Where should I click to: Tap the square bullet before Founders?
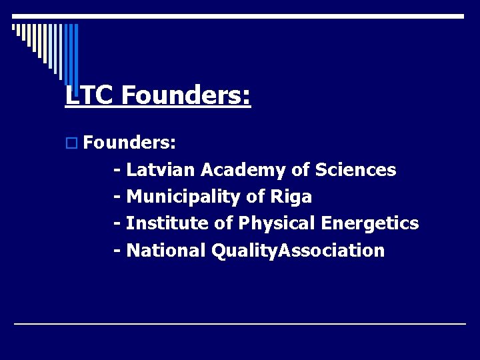pos(72,143)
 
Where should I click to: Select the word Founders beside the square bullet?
pos(130,142)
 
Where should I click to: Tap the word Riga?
pos(291,197)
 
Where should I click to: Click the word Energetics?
pos(370,223)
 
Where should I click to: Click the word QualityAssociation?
pos(297,251)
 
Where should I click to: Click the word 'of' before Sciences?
pos(299,170)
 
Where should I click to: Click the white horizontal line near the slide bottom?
pos(240,323)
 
